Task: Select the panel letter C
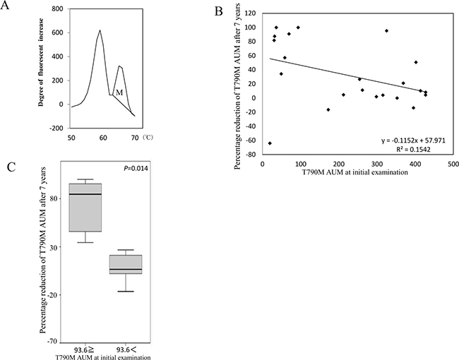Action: tap(8, 167)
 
